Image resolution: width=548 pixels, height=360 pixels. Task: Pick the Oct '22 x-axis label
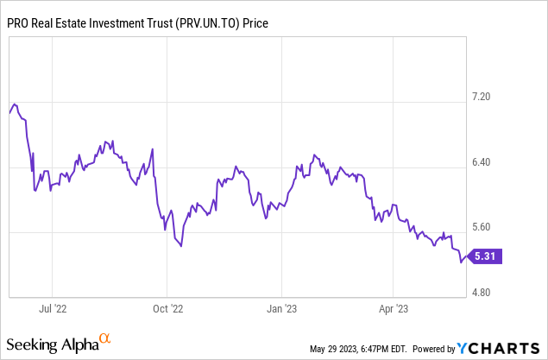(168, 307)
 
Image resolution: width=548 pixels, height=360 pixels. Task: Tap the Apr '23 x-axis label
(394, 307)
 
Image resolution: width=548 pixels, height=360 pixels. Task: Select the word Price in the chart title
(256, 23)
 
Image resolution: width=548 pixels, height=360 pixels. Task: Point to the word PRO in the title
(21, 23)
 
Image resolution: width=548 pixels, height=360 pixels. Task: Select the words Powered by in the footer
(433, 349)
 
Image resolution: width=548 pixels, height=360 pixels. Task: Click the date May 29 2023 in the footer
(333, 349)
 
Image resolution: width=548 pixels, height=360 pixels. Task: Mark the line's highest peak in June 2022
(16, 104)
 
